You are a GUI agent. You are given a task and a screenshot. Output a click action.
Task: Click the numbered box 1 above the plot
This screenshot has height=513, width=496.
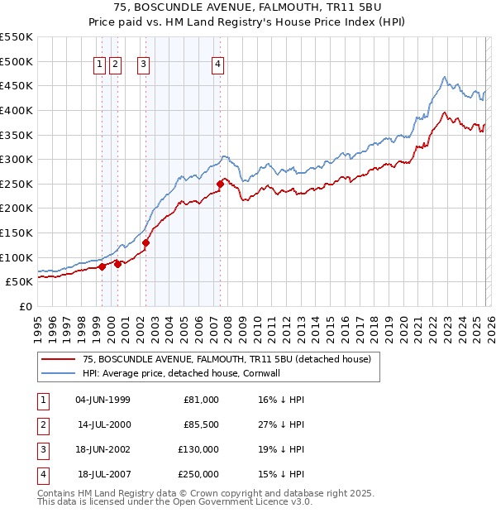tap(100, 65)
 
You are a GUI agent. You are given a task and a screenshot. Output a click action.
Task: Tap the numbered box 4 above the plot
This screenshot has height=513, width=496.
tap(217, 65)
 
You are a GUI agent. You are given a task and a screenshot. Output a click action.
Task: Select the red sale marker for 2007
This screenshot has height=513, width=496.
tap(220, 184)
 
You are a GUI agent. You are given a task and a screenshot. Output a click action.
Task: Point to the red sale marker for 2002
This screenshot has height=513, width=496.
tap(145, 242)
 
